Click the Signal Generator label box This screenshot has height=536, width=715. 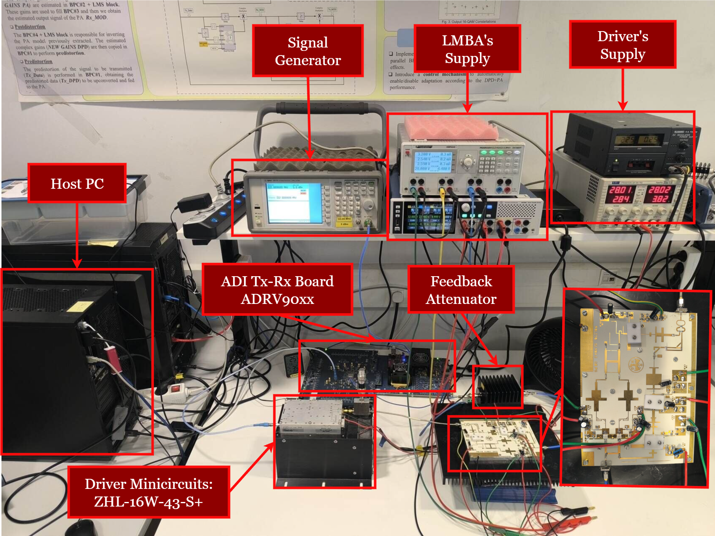308,51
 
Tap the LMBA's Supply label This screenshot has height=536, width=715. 467,49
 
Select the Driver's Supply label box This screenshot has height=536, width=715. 623,45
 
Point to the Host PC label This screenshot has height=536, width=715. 77,183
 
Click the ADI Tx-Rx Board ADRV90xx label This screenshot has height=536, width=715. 277,290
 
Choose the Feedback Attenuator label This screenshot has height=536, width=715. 461,290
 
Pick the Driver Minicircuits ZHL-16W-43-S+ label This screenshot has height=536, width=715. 149,492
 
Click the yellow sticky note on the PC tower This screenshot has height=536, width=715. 80,306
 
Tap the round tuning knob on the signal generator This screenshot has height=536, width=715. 368,205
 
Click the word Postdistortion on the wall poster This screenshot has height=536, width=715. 30,27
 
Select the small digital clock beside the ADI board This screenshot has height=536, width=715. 291,365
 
